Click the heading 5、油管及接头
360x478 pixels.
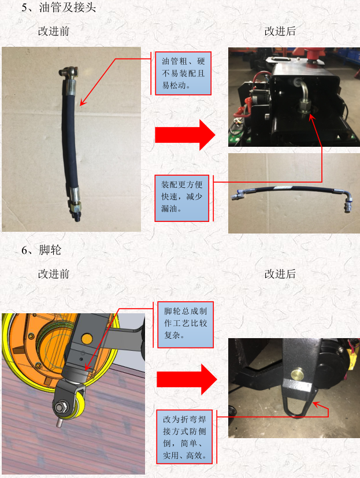tap(58, 8)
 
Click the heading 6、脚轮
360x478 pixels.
tap(41, 250)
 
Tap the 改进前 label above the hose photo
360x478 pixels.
tap(54, 31)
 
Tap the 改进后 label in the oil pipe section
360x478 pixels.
tap(280, 31)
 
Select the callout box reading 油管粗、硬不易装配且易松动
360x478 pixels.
tap(183, 73)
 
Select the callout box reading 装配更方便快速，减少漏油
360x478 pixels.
tap(181, 198)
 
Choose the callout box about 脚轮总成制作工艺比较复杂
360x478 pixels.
tap(185, 325)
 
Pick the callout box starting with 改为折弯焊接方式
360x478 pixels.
tap(184, 437)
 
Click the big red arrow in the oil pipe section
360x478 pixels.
tap(185, 135)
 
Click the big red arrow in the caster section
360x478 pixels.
tap(187, 380)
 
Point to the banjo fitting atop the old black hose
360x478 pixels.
tap(68, 73)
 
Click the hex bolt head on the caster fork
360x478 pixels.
tap(60, 407)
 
